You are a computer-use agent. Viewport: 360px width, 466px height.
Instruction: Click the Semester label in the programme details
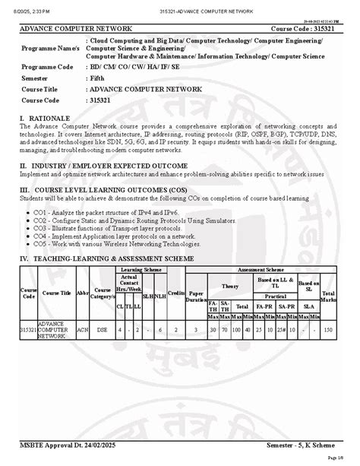37,78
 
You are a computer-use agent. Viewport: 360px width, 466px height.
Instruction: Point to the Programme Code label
52,67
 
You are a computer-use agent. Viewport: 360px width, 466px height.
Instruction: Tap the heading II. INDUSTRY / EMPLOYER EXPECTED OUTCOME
104,164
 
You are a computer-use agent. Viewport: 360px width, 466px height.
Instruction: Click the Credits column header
175,292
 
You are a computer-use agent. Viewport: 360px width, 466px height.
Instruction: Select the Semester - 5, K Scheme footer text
303,442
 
